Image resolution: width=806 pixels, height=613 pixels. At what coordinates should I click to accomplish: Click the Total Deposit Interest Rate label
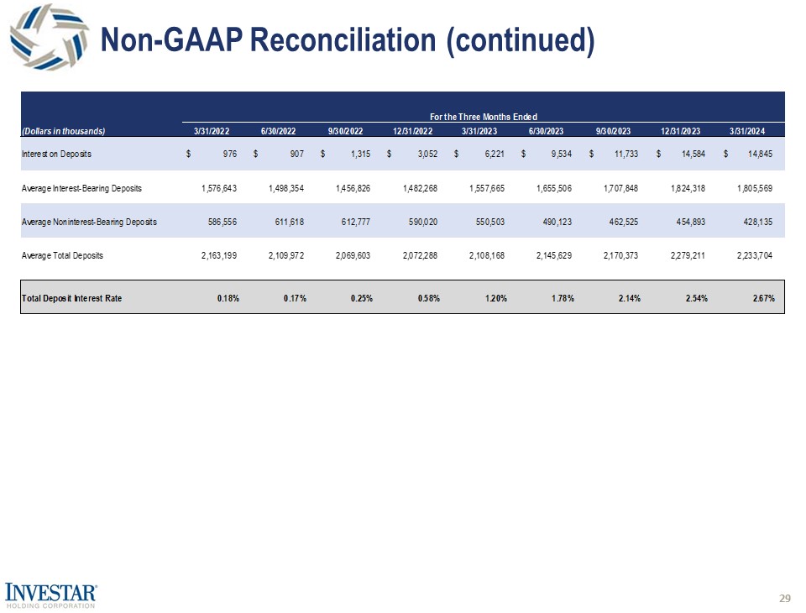(71, 298)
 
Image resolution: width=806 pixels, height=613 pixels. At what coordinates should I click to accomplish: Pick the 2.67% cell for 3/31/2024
(763, 298)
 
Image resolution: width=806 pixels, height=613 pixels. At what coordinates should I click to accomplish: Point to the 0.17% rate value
(294, 298)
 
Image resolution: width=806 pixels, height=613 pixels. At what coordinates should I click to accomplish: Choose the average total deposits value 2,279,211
(685, 255)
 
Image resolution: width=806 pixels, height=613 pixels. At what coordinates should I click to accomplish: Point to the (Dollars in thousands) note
(63, 130)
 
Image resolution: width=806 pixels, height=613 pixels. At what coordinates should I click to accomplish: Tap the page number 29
(785, 598)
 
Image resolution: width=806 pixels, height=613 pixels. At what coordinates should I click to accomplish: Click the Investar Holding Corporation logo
(51, 594)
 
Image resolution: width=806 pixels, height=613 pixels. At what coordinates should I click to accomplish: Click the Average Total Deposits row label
(62, 255)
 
